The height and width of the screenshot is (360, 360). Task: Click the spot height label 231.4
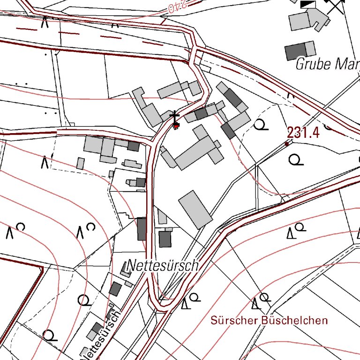click(303, 133)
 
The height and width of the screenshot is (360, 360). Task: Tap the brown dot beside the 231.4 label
click(287, 144)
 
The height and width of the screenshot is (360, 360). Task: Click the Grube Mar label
click(327, 64)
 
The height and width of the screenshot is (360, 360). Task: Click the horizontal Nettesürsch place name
click(163, 266)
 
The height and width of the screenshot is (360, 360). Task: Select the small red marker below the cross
click(176, 126)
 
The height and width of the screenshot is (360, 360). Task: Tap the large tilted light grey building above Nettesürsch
click(195, 209)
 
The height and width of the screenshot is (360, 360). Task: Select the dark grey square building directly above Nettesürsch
click(165, 239)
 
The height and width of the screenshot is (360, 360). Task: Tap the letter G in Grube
click(300, 64)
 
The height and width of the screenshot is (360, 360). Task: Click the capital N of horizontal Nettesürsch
click(132, 266)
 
